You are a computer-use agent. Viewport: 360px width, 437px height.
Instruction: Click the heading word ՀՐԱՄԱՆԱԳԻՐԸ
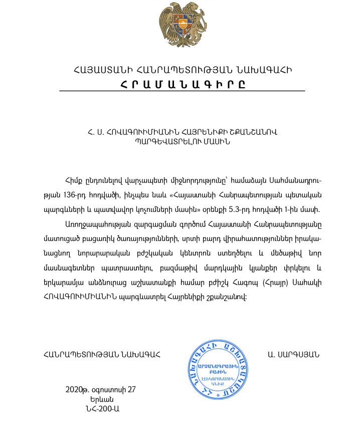pyautogui.click(x=183, y=84)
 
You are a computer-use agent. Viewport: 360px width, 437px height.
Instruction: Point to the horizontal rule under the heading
pyautogui.click(x=182, y=91)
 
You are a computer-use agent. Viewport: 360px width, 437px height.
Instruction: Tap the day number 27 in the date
pyautogui.click(x=131, y=389)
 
